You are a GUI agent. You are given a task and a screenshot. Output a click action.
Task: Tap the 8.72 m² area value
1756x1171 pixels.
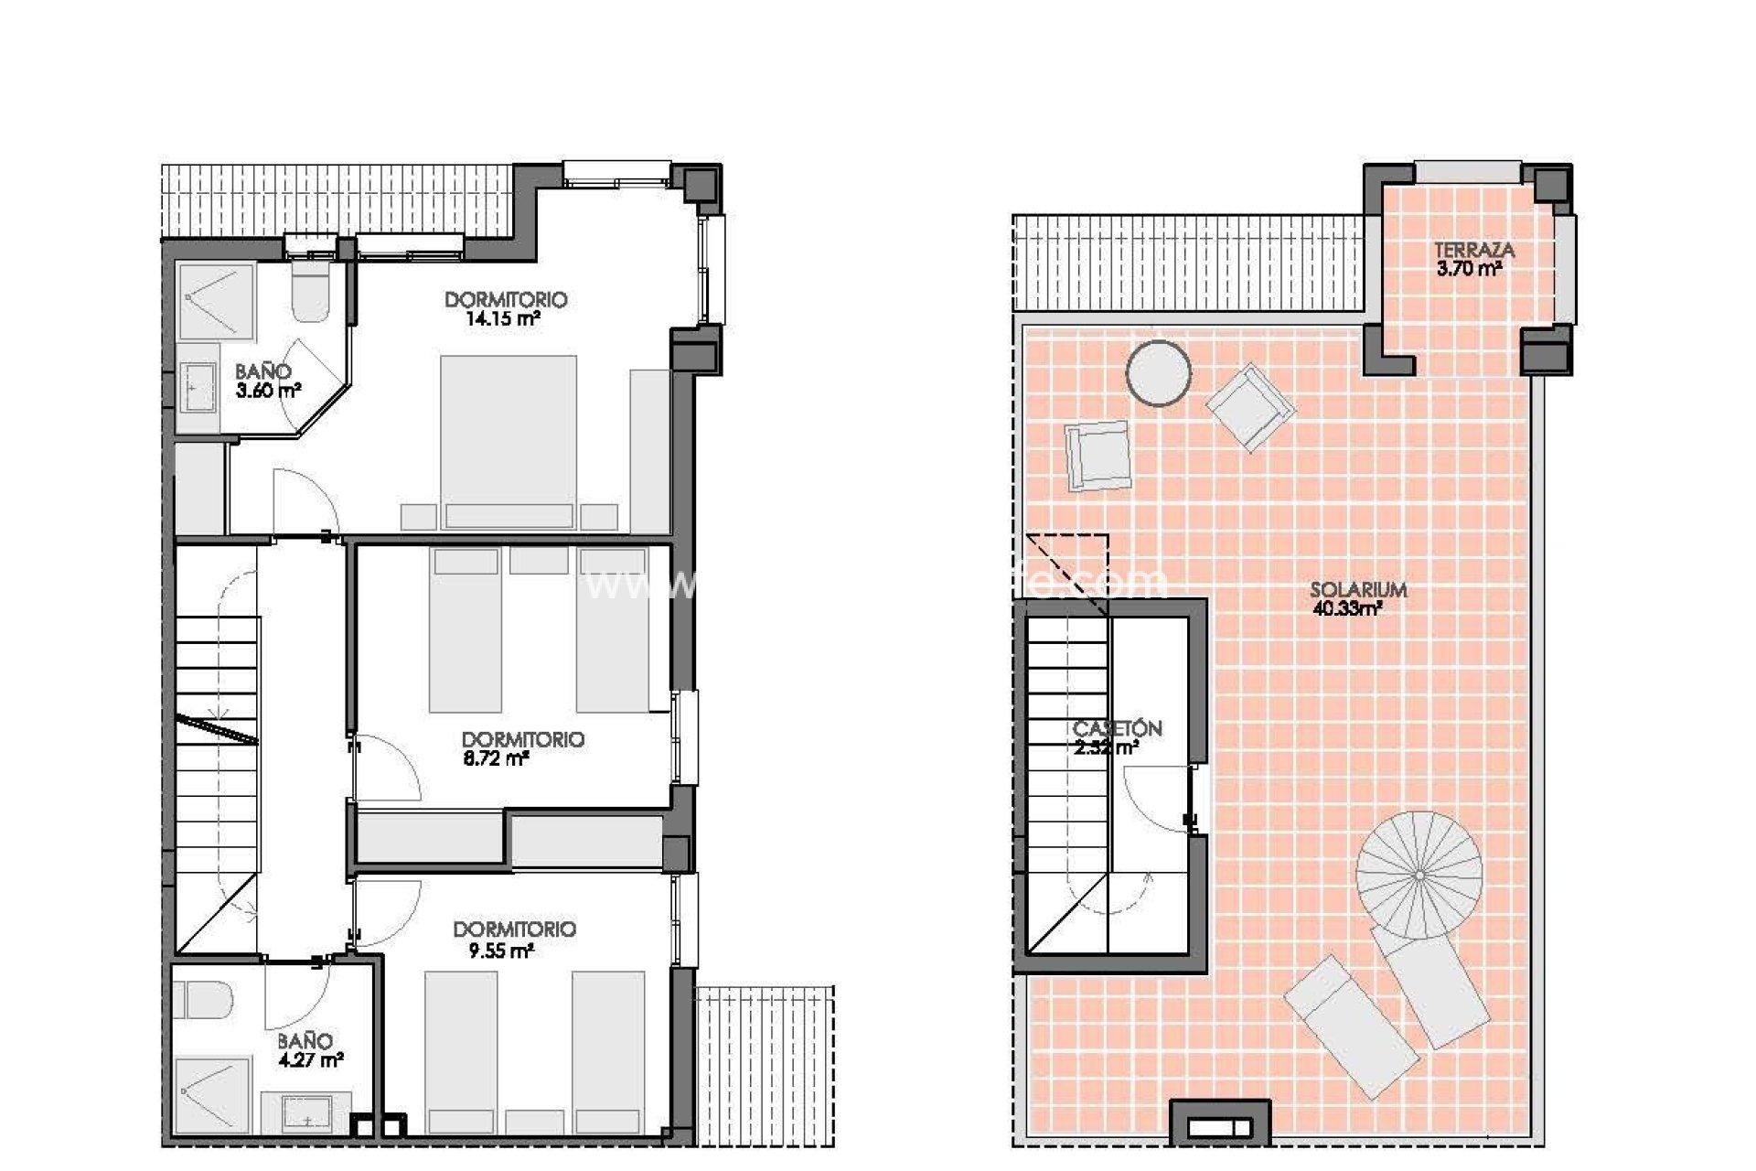click(x=496, y=758)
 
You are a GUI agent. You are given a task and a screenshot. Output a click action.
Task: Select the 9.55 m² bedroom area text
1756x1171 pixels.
click(x=500, y=951)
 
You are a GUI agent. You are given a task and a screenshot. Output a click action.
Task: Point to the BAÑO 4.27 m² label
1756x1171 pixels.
click(x=309, y=1050)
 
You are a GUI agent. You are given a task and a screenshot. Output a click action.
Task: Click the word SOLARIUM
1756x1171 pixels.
click(x=1357, y=590)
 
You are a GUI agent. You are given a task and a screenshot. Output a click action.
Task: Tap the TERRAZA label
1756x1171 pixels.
click(x=1473, y=250)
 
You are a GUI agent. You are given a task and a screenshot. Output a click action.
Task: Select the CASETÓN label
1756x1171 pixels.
click(x=1117, y=729)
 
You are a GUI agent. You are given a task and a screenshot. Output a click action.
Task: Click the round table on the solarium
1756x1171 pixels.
click(x=1158, y=373)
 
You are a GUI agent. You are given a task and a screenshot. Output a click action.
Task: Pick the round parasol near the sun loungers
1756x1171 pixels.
click(x=1418, y=876)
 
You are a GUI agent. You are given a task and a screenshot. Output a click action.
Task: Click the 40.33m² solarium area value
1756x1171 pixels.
click(x=1346, y=609)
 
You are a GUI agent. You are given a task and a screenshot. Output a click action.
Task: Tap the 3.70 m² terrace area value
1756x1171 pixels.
click(x=1469, y=268)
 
